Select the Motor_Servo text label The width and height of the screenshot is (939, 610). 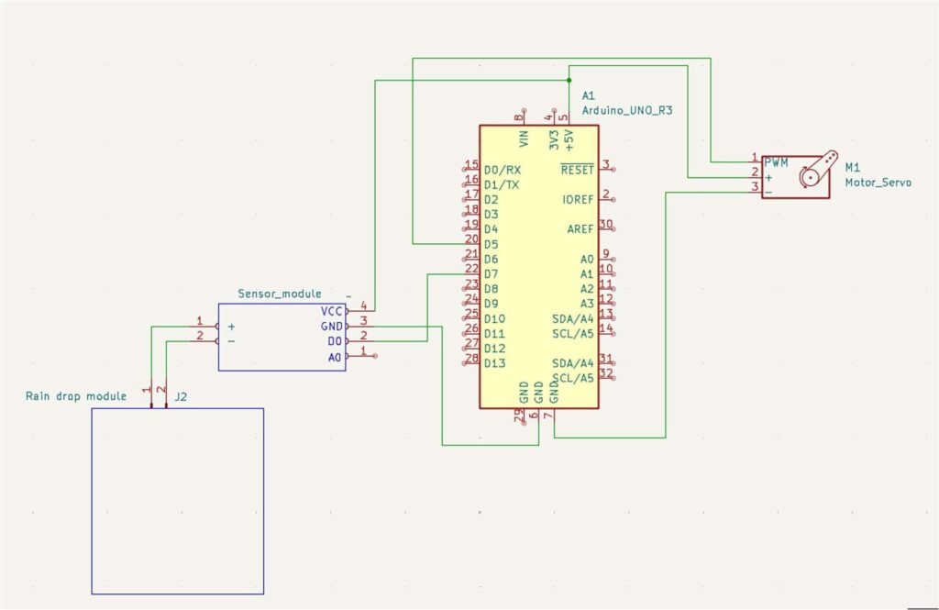click(878, 183)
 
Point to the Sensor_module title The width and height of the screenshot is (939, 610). click(279, 294)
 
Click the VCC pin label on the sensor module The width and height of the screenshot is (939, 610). click(330, 311)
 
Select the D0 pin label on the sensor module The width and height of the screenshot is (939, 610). click(334, 341)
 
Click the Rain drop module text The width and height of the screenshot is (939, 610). click(75, 396)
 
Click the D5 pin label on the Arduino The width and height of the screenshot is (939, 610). click(491, 244)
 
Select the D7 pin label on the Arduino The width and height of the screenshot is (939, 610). click(491, 273)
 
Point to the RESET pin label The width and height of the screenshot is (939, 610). click(578, 170)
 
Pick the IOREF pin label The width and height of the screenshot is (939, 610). click(578, 199)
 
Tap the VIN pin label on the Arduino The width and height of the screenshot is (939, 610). click(524, 139)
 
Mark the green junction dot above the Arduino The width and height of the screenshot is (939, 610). click(569, 80)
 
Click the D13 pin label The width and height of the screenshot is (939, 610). click(494, 362)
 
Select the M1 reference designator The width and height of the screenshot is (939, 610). click(853, 167)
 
